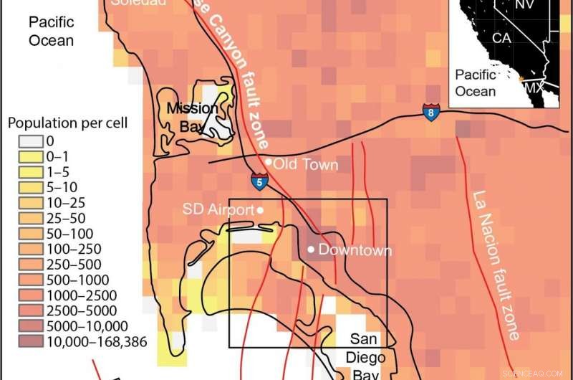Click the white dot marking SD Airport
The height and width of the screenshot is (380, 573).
(x=261, y=209)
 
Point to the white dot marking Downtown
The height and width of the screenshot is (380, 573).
(x=310, y=250)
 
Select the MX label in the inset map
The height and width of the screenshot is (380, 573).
(x=534, y=87)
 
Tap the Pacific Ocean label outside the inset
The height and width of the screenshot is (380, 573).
(x=51, y=32)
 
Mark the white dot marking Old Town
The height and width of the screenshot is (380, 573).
(x=268, y=162)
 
